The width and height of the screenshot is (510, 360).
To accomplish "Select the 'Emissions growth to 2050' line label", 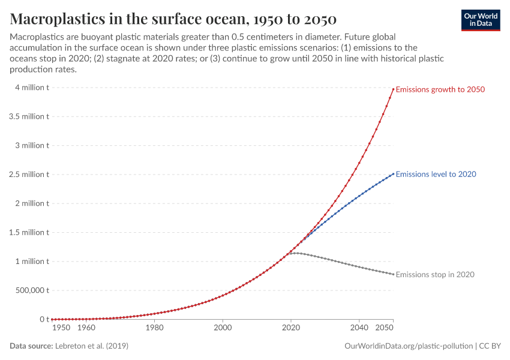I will coord(440,89).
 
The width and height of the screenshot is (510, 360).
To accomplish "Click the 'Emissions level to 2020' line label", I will coord(436,174).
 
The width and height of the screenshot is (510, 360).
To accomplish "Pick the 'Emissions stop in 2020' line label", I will coord(435,275).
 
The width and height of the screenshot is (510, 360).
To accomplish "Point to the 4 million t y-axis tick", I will coord(29,88).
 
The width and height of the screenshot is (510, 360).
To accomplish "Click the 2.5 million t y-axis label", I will coord(29,175).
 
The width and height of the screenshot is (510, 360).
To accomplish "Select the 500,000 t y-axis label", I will coord(29,290).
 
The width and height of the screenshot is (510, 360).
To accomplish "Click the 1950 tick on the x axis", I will coord(61,328).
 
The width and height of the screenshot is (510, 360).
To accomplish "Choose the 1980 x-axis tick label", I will coord(154,328).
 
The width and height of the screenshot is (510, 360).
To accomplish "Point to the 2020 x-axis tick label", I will coord(291,328).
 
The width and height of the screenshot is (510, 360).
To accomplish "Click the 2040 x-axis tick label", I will coord(359,328).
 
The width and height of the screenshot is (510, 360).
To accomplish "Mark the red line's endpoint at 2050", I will coord(394,89).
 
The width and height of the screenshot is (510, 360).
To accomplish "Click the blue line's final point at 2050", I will coord(394,174).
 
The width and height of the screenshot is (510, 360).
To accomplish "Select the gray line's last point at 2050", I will coord(394,274).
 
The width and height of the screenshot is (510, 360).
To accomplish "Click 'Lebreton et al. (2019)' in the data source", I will coord(91,346).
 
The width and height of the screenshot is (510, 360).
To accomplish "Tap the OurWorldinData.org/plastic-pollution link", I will coord(409,346).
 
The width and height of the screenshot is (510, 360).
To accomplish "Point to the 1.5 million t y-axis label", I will coord(29,232).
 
